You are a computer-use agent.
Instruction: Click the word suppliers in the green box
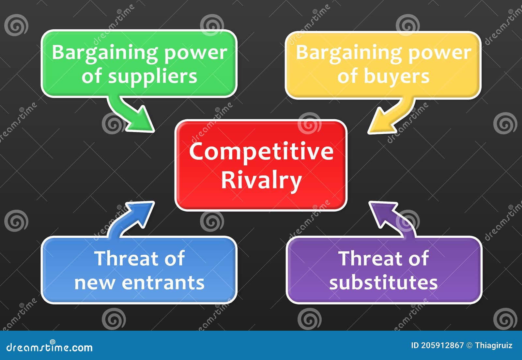point(152,77)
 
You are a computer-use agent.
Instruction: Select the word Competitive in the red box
point(261,152)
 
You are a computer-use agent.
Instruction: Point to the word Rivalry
point(261,180)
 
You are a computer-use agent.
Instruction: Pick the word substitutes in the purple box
point(383,283)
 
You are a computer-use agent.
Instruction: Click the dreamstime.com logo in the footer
point(50,348)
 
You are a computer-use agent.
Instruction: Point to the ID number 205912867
point(442,346)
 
